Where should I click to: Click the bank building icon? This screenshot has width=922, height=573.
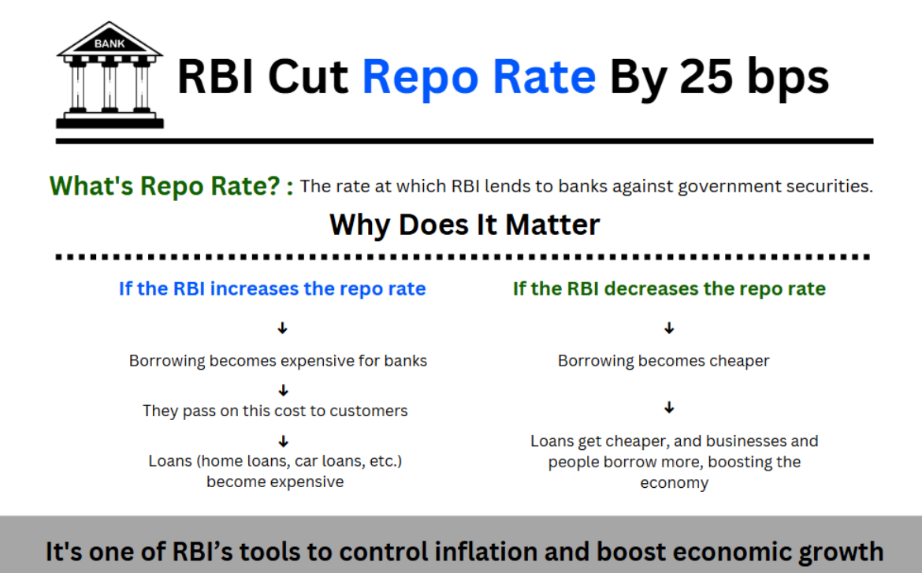(110, 76)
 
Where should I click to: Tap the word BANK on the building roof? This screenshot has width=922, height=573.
(110, 43)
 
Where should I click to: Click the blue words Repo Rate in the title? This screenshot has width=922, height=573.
(478, 78)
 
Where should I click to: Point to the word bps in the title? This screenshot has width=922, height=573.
(788, 78)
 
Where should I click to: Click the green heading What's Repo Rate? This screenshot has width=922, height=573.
(165, 187)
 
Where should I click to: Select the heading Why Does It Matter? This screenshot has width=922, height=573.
(464, 225)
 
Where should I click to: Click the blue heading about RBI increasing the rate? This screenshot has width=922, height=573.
(272, 288)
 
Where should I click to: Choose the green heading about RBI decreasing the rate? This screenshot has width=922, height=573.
(669, 288)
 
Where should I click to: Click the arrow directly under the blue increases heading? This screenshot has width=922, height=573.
(282, 328)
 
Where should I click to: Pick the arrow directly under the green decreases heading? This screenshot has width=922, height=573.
(669, 328)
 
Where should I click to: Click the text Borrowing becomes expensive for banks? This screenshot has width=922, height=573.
(278, 361)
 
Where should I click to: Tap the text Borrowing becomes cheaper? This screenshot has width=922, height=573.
(664, 361)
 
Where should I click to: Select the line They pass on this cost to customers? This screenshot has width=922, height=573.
(275, 411)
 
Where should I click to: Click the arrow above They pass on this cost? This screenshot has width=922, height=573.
(284, 391)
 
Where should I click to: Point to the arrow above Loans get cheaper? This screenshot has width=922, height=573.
(669, 407)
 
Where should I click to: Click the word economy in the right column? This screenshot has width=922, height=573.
(674, 484)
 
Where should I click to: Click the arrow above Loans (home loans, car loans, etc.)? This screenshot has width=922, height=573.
(284, 441)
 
